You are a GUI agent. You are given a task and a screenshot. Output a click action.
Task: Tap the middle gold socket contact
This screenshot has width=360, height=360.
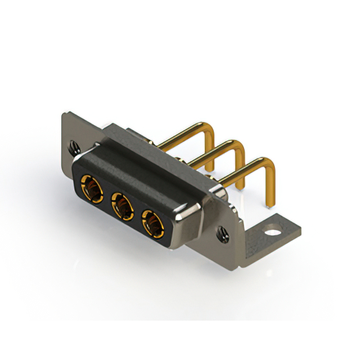coord(121,204)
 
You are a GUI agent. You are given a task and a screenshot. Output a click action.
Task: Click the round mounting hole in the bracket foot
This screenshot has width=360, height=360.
coord(273,229)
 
